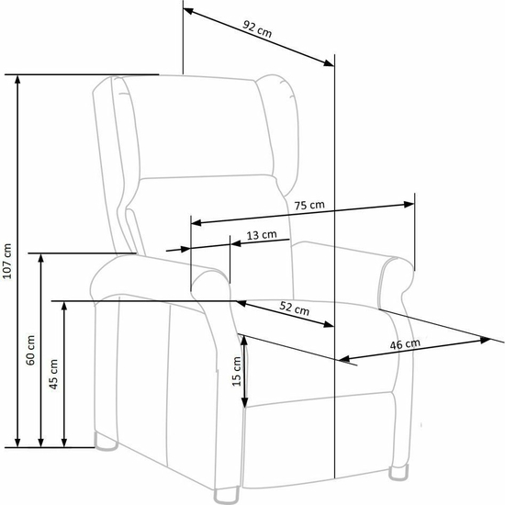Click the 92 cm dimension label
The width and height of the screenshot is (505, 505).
click(257, 28)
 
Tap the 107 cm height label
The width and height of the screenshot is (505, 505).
click(7, 261)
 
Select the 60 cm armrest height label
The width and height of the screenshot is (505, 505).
click(30, 350)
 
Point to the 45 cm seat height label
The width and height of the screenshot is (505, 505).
click(54, 374)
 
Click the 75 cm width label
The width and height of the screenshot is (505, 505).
click(309, 205)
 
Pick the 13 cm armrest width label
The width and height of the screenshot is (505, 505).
click(262, 235)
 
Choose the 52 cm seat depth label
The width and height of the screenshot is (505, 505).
click(294, 309)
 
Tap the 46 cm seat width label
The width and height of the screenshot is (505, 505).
click(405, 344)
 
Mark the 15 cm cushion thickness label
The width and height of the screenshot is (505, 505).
click(237, 371)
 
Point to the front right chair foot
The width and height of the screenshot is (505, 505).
click(398, 473)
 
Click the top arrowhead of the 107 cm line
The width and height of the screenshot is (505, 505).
click(17, 80)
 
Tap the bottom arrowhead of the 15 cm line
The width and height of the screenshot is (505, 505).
click(245, 402)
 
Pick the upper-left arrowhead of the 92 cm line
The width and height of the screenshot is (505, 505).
click(188, 11)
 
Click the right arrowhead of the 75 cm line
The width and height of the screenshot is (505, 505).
click(409, 204)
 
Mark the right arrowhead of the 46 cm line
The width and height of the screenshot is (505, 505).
click(485, 340)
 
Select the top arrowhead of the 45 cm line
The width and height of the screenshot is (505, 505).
click(64, 307)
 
